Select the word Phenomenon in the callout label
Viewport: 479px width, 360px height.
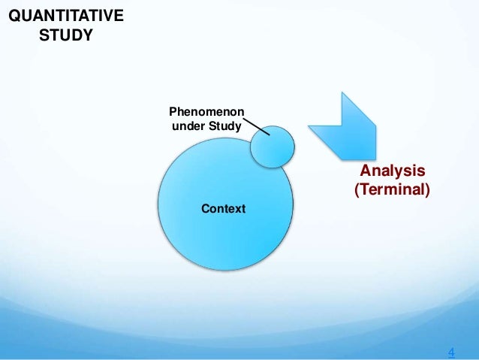206,111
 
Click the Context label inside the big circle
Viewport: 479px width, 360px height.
223,208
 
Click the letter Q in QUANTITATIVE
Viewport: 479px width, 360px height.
13,17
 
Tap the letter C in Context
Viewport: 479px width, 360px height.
205,208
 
